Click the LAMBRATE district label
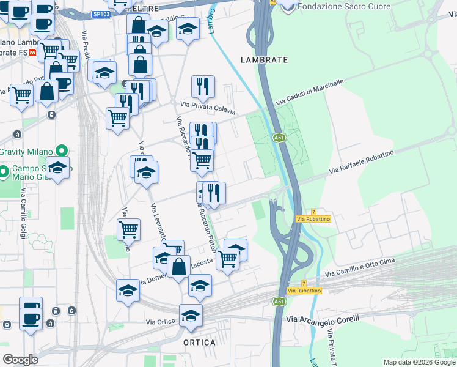[x=264, y=60]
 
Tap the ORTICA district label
[x=200, y=343]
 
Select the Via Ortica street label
[x=161, y=321]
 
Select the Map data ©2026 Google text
[x=419, y=362]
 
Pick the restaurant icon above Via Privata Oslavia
[x=203, y=87]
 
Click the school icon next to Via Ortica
[x=191, y=315]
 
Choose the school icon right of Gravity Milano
[x=57, y=167]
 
